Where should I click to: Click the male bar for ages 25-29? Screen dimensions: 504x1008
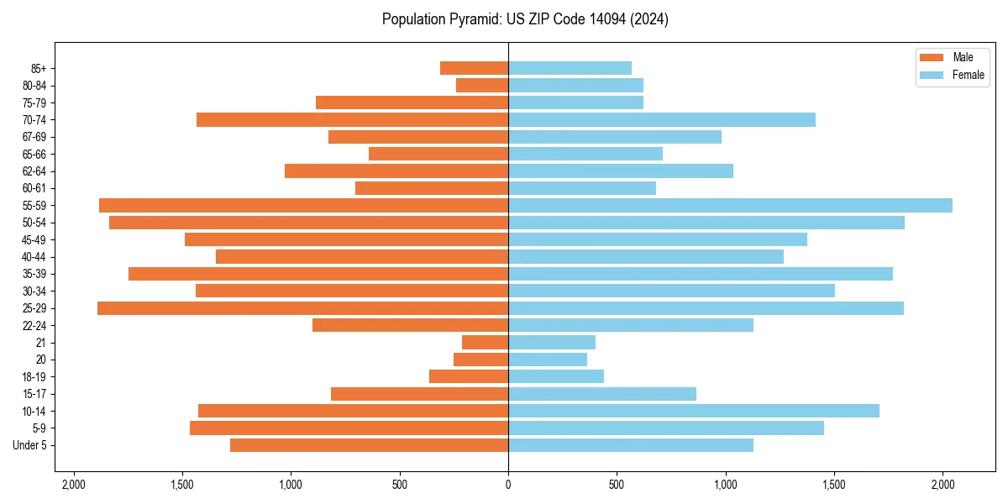(302, 308)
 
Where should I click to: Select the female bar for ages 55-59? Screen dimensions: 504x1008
(730, 205)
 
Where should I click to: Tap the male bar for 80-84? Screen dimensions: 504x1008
(482, 85)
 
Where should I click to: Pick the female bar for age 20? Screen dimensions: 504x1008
(548, 360)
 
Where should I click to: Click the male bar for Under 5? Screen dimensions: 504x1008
(370, 445)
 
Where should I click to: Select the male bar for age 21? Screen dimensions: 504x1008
(486, 342)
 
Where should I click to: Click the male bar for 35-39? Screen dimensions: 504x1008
(318, 274)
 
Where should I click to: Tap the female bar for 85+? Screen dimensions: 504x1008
(570, 68)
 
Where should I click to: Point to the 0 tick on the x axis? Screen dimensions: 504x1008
(508, 485)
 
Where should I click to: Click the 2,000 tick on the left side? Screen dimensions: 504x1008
(74, 485)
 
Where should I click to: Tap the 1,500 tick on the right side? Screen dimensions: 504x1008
(834, 485)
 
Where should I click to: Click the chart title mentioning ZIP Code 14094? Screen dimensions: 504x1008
(525, 19)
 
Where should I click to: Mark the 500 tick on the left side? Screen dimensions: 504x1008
(400, 485)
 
